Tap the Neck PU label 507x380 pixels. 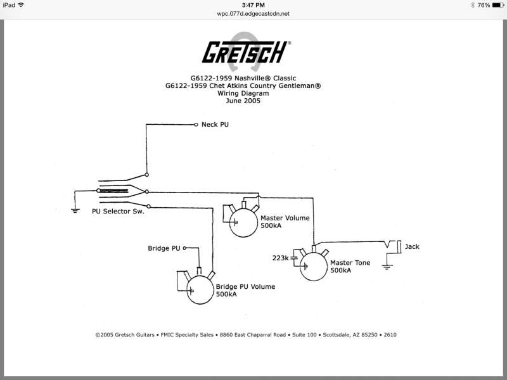tap(215, 125)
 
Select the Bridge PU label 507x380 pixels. tap(164, 248)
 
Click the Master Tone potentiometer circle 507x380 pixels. tap(314, 266)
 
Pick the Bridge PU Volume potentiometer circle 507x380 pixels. tap(200, 289)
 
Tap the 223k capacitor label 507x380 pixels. tap(280, 258)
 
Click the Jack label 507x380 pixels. tap(412, 246)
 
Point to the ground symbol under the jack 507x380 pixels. tap(387, 267)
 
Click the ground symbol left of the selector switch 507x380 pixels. tap(75, 209)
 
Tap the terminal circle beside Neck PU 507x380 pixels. tap(196, 125)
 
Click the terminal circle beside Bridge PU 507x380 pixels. tap(185, 248)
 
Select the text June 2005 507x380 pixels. tap(247, 101)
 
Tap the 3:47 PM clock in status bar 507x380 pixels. tap(253, 4)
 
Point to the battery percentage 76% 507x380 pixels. tap(483, 4)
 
